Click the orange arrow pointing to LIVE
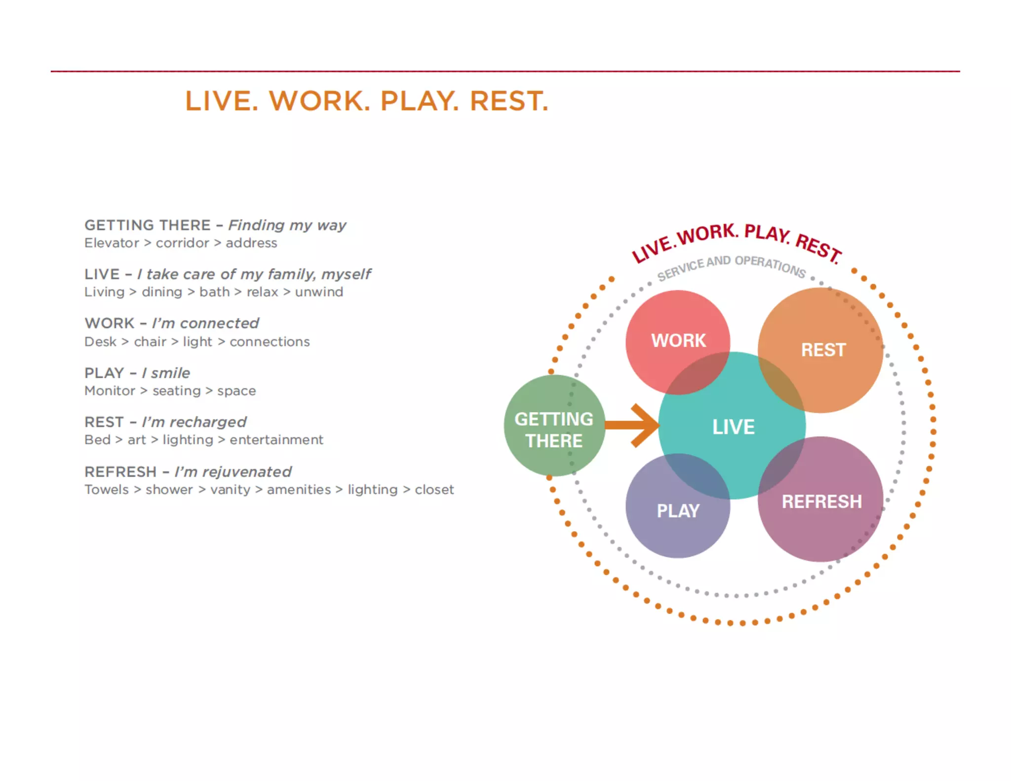[x=633, y=425]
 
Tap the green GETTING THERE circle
[x=554, y=429]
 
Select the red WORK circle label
[x=678, y=341]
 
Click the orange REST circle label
[x=823, y=350]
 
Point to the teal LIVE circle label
[x=733, y=427]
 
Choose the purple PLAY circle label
[x=678, y=511]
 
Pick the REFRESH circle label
[x=821, y=502]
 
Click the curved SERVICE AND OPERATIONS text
[x=731, y=266]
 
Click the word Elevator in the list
[x=112, y=243]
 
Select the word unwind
[x=319, y=292]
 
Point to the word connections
[x=270, y=342]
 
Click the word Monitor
[x=110, y=391]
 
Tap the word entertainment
[x=276, y=440]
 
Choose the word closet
[x=434, y=490]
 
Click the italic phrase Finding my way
[x=287, y=226]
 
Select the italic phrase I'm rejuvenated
[x=233, y=472]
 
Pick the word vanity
[x=230, y=490]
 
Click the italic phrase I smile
[x=166, y=373]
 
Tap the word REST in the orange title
[x=509, y=101]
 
